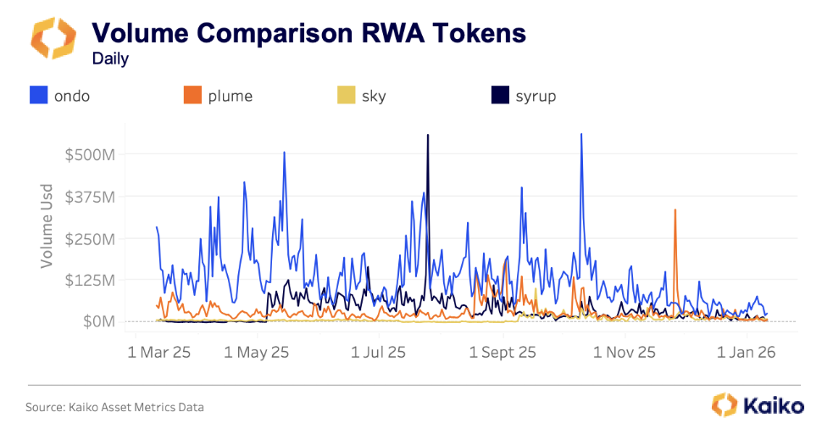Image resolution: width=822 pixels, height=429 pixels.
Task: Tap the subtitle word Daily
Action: tap(110, 58)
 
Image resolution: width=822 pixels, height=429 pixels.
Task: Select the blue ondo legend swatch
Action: tap(38, 96)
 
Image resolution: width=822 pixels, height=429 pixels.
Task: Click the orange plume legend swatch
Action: tap(192, 96)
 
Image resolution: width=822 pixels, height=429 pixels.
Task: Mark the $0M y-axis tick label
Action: tap(96, 321)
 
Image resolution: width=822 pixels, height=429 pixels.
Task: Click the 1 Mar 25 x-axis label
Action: tap(159, 351)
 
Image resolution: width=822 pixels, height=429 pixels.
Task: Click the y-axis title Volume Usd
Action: tap(47, 226)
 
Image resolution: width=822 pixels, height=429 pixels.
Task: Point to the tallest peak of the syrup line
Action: tap(428, 136)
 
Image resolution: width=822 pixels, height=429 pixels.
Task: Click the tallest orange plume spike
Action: tap(675, 210)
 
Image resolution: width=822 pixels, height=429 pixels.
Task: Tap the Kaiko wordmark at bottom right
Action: tap(774, 406)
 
